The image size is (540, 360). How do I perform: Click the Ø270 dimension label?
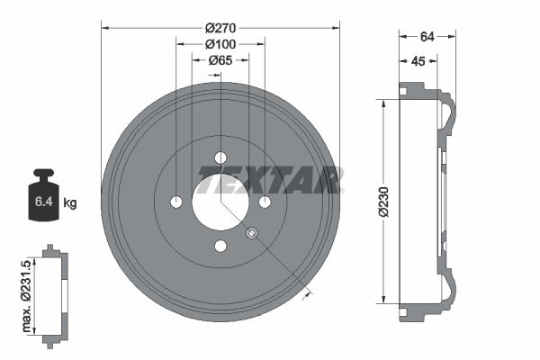pos(220,28)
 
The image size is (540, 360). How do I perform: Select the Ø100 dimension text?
pos(220,44)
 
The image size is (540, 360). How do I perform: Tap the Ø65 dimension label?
pos(220,60)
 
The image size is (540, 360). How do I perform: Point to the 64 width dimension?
pos(427,36)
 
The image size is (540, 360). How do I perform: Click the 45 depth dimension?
pos(418,62)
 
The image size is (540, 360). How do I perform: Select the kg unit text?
pos(70,203)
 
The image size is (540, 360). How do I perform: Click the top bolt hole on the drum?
pos(220,157)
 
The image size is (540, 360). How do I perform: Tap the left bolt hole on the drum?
pos(176,202)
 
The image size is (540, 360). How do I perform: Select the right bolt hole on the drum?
pos(265,202)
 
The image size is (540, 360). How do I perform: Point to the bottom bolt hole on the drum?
pos(220,246)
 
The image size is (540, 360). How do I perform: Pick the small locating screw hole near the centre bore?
pos(252,233)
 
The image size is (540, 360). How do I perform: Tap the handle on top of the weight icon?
pos(43,173)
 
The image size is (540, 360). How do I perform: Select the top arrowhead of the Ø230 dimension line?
pos(385,103)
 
